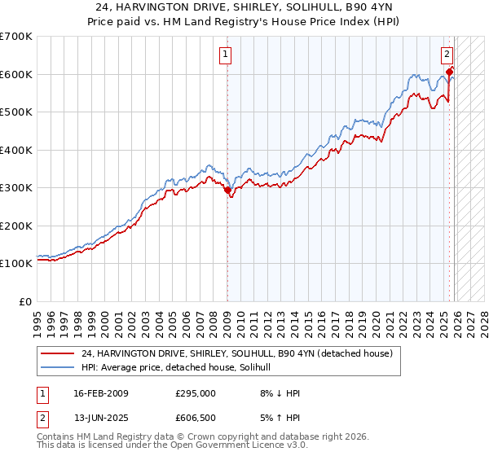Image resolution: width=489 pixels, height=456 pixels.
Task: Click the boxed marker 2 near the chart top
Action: coord(447,55)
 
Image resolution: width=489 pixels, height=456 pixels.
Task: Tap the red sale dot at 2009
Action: coord(227,191)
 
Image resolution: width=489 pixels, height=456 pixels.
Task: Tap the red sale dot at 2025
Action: coord(450,72)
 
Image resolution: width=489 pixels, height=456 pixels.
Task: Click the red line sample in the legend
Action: coord(58,353)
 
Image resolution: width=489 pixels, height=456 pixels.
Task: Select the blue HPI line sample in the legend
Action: coord(58,367)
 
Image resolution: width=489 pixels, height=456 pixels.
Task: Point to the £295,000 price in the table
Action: coord(196,393)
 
